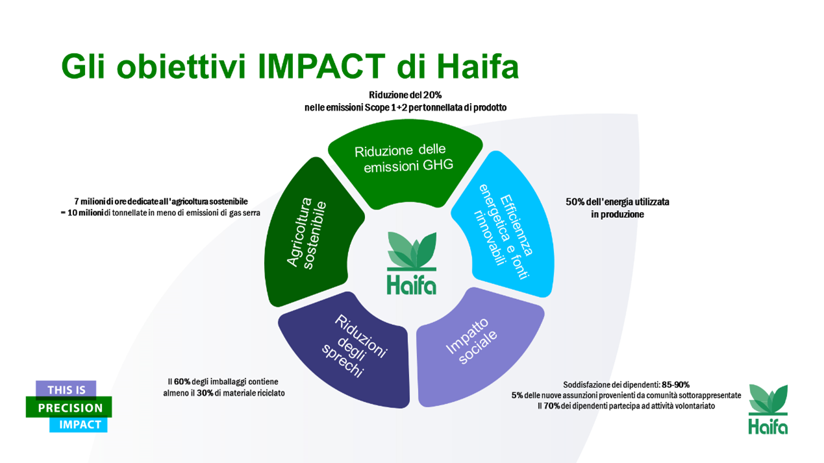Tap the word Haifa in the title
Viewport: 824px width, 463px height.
[x=478, y=67]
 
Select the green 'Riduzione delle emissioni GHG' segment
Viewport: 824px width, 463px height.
[x=405, y=161]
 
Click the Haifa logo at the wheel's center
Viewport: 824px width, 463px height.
[x=412, y=263]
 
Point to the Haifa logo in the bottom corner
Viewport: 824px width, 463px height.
[x=768, y=409]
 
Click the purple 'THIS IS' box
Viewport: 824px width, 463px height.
[x=66, y=390]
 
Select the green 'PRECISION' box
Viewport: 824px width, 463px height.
[x=69, y=407]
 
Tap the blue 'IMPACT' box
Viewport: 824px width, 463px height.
[x=79, y=424]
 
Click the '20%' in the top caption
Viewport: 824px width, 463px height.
[x=432, y=95]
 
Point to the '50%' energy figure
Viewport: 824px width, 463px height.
[x=575, y=202]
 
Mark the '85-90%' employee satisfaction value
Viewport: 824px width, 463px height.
[x=676, y=385]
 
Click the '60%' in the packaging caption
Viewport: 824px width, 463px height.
[x=182, y=381]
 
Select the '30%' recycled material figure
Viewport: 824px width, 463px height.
[x=205, y=393]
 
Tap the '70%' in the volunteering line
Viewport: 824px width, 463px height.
[x=552, y=406]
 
